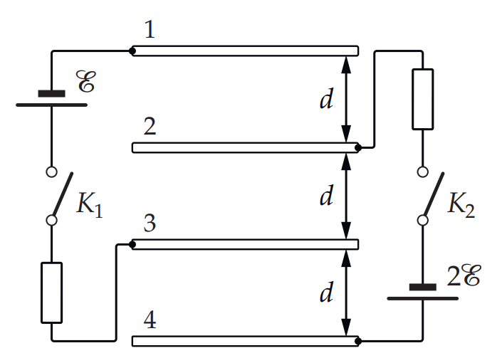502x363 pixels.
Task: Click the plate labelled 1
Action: (x=245, y=51)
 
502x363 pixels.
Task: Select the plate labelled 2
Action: (x=245, y=147)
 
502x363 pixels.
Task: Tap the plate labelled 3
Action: (x=245, y=245)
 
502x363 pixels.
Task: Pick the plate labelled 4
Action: (x=245, y=341)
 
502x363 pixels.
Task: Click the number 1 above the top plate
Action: (x=150, y=29)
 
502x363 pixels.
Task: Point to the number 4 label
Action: (x=150, y=320)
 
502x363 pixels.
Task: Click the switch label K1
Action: (x=90, y=204)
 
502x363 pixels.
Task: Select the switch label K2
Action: (x=461, y=204)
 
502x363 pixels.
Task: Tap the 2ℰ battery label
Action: (x=464, y=275)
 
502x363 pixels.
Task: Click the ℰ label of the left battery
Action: (x=85, y=81)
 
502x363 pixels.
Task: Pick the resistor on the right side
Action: (x=422, y=99)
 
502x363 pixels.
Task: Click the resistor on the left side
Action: (x=51, y=293)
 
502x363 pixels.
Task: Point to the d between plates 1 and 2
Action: (x=327, y=99)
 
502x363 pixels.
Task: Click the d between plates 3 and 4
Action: (x=327, y=292)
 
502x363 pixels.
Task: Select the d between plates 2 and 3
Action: (x=327, y=195)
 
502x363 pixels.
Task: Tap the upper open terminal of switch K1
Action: (x=51, y=172)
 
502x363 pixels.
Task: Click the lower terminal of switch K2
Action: (x=422, y=221)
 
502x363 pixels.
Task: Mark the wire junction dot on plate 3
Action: (x=132, y=245)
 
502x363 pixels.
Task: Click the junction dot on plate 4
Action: (x=358, y=342)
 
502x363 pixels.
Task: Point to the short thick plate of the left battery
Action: (x=51, y=93)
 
